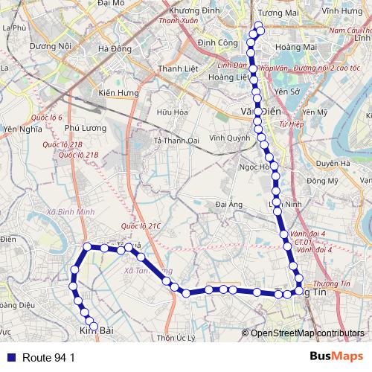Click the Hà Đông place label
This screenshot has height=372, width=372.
tap(115, 49)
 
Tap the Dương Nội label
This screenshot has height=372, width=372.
tap(50, 45)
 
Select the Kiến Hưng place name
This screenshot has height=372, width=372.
tap(119, 93)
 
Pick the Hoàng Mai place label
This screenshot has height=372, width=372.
tap(291, 46)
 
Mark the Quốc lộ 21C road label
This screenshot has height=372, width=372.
tap(140, 226)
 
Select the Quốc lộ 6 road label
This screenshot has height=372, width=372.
tap(47, 118)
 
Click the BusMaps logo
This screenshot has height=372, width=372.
tap(336, 356)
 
